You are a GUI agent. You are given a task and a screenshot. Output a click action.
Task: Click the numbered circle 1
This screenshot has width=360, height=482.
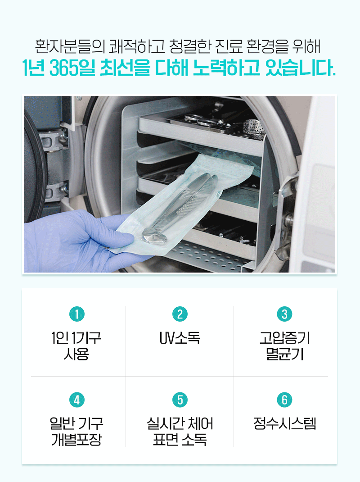[x=77, y=314]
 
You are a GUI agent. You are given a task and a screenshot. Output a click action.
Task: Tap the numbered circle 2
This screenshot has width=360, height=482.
[x=180, y=314]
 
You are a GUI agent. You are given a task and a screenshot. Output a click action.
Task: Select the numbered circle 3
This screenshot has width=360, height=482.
[x=284, y=314]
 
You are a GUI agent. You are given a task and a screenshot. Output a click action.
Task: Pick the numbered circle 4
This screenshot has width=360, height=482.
[x=77, y=400]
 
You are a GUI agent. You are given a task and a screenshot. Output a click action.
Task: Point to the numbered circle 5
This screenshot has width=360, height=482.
[x=180, y=400]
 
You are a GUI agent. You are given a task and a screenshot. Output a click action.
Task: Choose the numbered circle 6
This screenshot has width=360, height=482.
[x=284, y=400]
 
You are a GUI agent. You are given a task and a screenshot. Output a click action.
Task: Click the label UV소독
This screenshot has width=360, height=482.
[x=180, y=338]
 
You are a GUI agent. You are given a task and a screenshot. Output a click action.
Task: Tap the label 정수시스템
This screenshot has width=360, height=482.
[x=284, y=423]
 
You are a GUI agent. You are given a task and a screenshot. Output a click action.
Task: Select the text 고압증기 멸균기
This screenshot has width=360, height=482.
[x=285, y=346]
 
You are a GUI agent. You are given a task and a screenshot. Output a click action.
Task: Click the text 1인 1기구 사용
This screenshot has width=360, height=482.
[x=76, y=346]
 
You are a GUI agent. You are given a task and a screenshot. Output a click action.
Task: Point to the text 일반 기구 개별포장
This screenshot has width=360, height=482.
[x=76, y=432]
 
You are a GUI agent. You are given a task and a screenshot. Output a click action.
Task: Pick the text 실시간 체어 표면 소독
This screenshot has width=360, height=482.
[x=180, y=432]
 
